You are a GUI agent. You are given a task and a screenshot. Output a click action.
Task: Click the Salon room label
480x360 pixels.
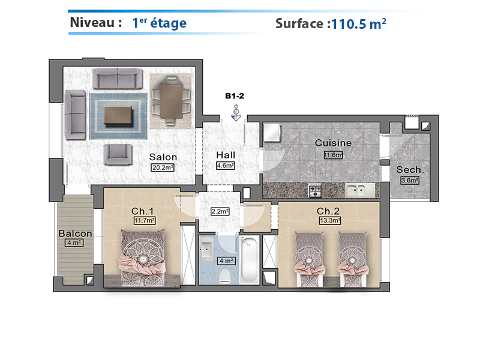[x=163, y=157]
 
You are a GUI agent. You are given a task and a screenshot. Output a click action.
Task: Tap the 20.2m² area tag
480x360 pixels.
[x=163, y=167]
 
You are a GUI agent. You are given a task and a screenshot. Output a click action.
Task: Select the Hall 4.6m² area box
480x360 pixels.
[x=226, y=166]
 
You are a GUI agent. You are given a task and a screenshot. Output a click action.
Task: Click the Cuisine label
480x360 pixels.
[x=333, y=143]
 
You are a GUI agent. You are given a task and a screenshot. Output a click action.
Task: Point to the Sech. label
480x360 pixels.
[x=410, y=170]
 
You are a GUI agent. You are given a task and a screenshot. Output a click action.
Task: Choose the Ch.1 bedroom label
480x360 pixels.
[x=142, y=211]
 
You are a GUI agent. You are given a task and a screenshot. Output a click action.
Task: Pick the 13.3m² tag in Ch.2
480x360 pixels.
[x=330, y=220]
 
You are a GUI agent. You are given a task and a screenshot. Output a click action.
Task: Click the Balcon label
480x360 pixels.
[x=76, y=233]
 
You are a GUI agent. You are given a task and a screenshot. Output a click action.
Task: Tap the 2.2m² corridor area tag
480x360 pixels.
[x=220, y=211]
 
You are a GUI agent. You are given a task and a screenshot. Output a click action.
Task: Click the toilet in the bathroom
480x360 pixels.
[x=224, y=275]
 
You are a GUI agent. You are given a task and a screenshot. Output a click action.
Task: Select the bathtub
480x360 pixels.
[x=249, y=260]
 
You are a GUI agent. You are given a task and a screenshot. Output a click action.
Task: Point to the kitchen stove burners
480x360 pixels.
[x=315, y=190]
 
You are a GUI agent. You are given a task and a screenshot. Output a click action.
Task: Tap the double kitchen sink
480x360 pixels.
[x=359, y=190]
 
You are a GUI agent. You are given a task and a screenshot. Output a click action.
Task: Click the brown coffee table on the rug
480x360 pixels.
[x=118, y=115]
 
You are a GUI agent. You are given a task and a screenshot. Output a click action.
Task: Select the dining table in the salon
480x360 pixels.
[x=171, y=100]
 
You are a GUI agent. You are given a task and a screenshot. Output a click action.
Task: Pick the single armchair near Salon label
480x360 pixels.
[x=118, y=154]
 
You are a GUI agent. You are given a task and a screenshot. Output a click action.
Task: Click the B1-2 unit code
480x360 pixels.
[x=235, y=96]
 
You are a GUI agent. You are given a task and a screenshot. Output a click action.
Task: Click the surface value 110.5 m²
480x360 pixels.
[x=358, y=23]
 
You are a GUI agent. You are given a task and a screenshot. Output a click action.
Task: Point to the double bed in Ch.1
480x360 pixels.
[x=142, y=258]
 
